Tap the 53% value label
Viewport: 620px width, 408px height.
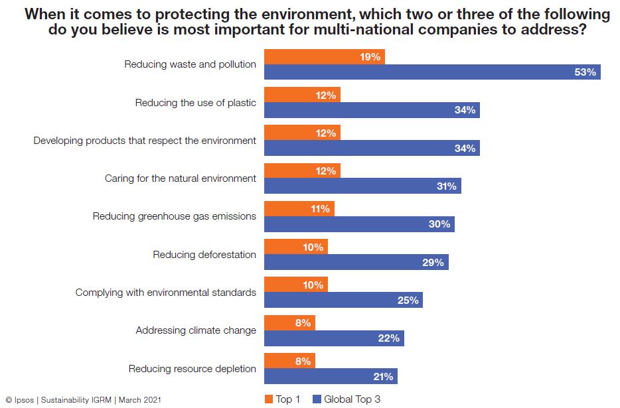tap(585, 72)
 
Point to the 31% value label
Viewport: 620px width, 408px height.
tap(446, 186)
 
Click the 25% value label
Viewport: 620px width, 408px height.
tap(408, 301)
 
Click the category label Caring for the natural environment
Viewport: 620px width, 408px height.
tap(181, 178)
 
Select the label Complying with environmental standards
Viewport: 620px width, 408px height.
tap(166, 293)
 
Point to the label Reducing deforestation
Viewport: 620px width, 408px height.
tap(204, 255)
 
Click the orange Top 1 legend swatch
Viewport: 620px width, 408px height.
tap(269, 399)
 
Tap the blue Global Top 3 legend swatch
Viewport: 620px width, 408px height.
tap(317, 399)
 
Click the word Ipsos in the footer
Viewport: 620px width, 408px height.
tap(24, 400)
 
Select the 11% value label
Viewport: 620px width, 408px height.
tap(320, 209)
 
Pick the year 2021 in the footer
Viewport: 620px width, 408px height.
tap(150, 400)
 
